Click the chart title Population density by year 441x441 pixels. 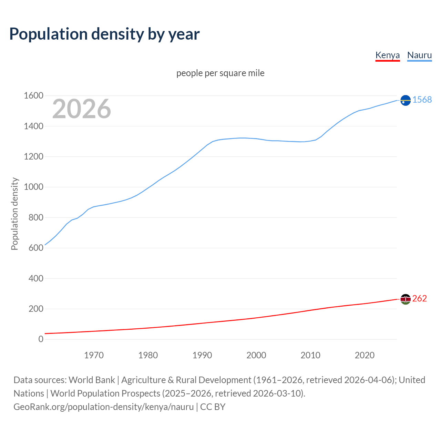coord(104,34)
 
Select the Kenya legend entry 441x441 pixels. coord(387,55)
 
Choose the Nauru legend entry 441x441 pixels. coord(419,55)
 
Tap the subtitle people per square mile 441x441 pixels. coord(220,73)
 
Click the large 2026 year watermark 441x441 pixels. coord(82,109)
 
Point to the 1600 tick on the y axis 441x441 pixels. coord(33,96)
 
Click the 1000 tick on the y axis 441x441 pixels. coord(33,187)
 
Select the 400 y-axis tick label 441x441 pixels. coord(36,278)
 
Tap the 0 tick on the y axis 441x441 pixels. coord(41,339)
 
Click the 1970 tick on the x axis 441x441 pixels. coord(94,355)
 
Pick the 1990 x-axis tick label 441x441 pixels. coord(202,355)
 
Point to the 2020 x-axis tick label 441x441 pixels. coord(365,355)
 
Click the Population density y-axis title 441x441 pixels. coord(14,214)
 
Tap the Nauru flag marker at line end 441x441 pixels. coord(406,100)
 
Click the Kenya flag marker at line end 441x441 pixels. coord(406,299)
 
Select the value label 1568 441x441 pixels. coord(422,100)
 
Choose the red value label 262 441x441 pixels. coord(419,298)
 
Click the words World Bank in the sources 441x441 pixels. coord(92,380)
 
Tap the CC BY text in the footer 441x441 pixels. coord(213,407)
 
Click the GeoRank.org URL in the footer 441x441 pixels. coord(103,407)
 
